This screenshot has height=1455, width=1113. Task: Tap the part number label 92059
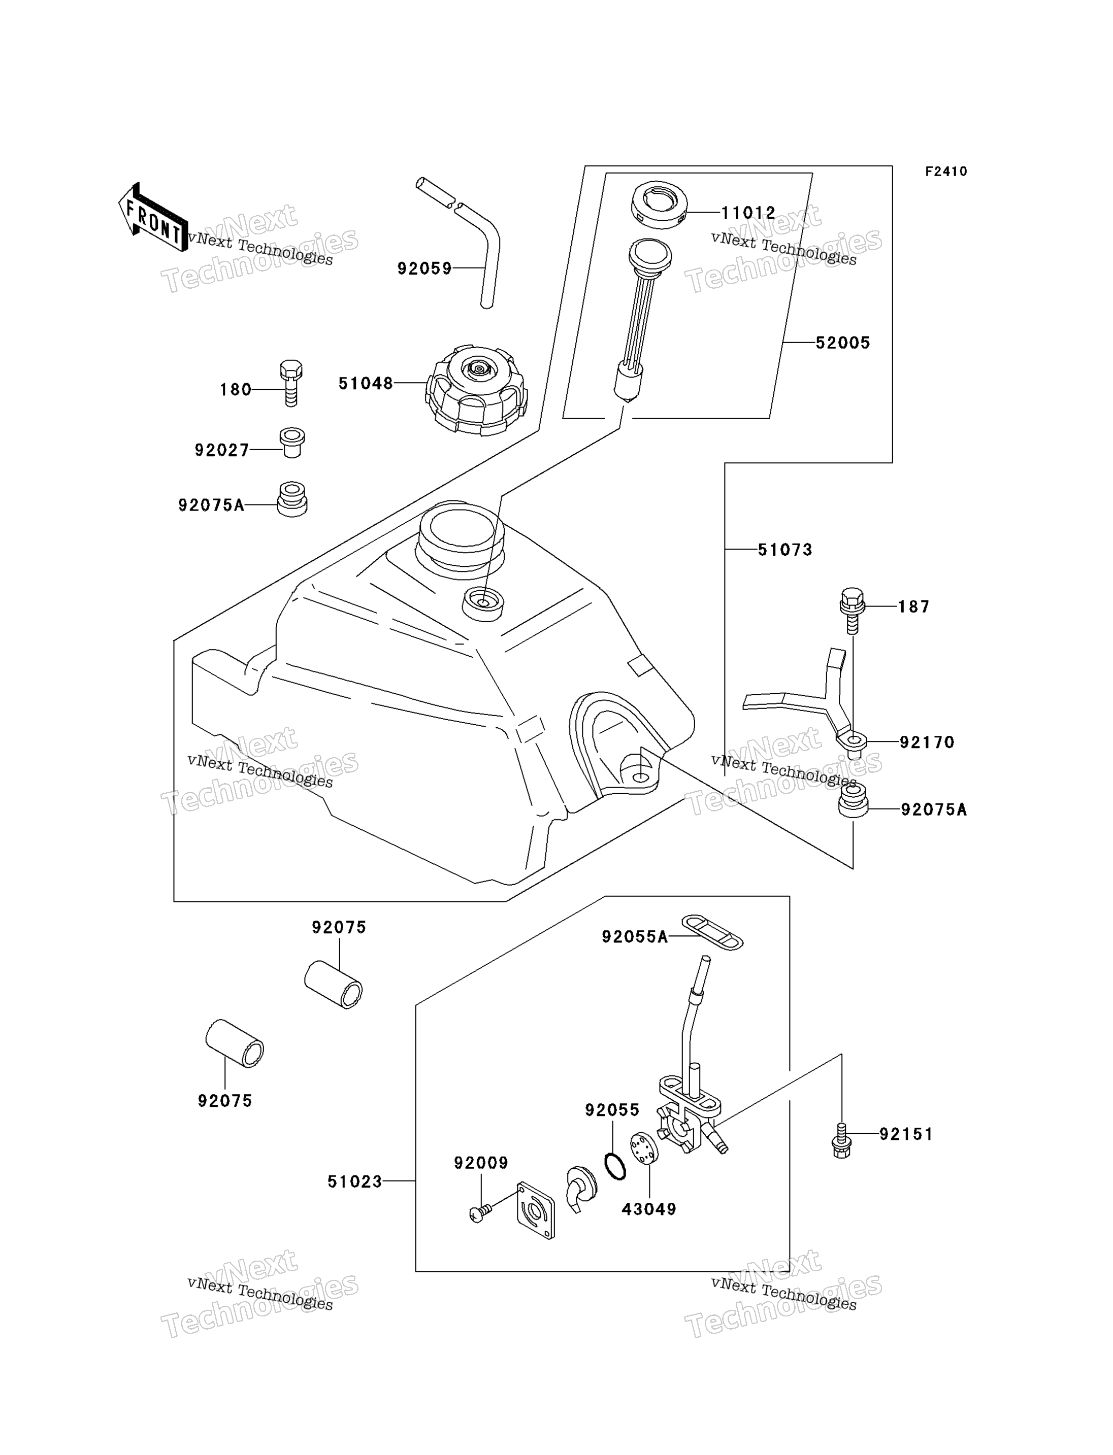pos(424,268)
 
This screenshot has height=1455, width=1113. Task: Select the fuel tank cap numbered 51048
pos(476,390)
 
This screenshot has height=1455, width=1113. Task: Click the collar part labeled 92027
pos(291,443)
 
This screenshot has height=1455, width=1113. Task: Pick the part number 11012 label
pos(748,213)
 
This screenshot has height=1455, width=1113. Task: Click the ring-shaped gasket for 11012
pos(659,204)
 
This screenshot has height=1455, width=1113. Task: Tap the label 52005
pos(843,343)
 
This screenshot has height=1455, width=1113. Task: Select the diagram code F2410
pos(946,172)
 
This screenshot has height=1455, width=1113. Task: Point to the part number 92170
pos(927,742)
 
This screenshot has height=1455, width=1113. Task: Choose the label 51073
pos(785,549)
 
